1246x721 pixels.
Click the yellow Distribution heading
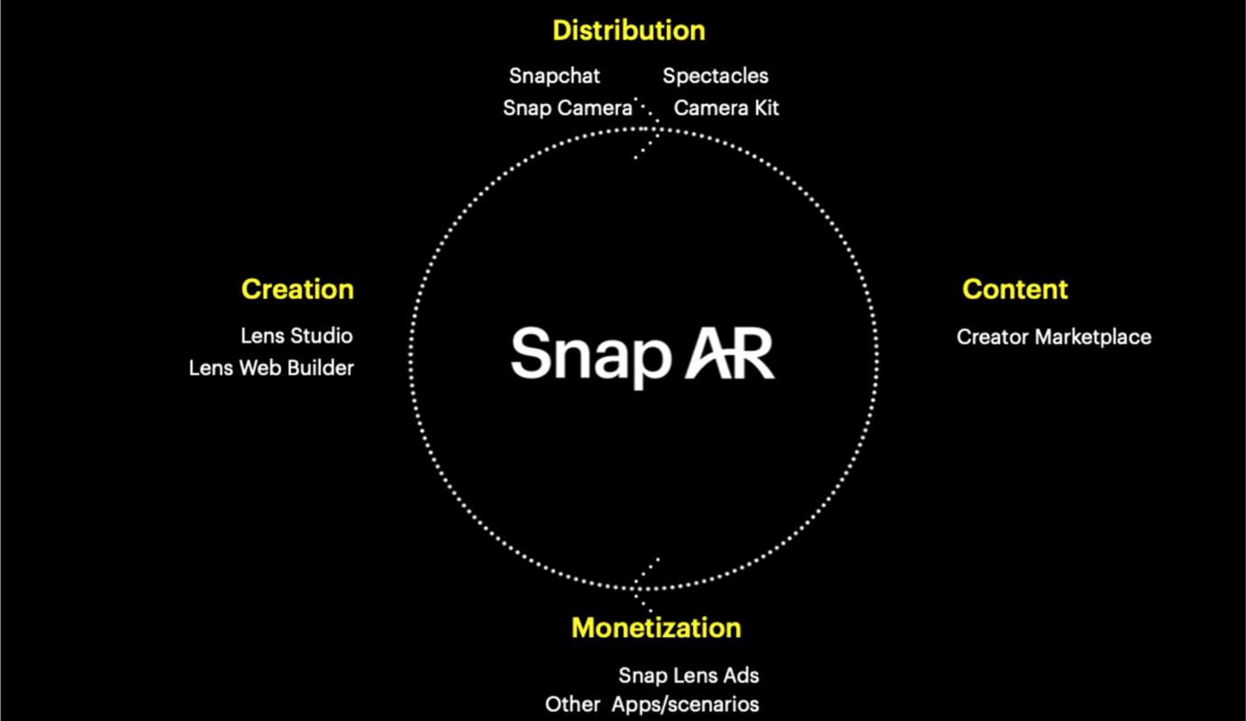click(629, 30)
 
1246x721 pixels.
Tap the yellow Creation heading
click(297, 289)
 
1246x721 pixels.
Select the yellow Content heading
click(1016, 289)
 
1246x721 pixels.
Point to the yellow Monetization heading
click(656, 628)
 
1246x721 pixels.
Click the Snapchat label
click(555, 76)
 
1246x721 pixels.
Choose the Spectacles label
click(716, 76)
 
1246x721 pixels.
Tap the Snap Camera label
click(568, 108)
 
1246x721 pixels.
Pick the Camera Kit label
click(726, 108)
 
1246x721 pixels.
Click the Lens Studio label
click(297, 336)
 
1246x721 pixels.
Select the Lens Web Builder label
click(271, 369)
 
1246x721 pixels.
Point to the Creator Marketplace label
click(1054, 337)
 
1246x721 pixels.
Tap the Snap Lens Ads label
click(689, 676)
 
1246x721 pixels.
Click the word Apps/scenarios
click(685, 705)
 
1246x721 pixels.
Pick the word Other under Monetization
click(572, 705)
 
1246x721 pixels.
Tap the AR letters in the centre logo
click(730, 352)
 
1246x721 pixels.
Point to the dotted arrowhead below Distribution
click(648, 129)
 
